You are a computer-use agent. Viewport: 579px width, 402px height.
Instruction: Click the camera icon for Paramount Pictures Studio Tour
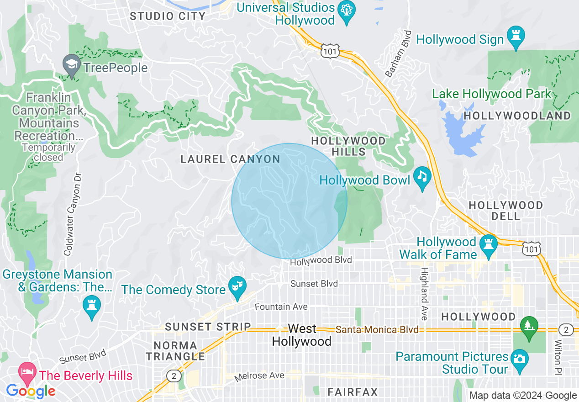coord(519,357)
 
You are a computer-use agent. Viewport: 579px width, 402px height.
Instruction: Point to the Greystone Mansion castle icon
coord(92,307)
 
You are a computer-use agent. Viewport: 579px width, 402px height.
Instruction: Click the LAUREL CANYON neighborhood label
coord(230,159)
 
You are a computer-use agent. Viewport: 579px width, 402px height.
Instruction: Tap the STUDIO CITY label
coord(167,16)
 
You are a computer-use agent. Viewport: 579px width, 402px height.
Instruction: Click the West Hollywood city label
coord(301,335)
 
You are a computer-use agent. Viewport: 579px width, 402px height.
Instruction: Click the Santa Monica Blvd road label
coord(377,329)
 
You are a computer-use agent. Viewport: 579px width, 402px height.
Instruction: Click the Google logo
coord(31,391)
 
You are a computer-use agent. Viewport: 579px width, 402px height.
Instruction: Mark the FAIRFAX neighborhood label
coord(353,392)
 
